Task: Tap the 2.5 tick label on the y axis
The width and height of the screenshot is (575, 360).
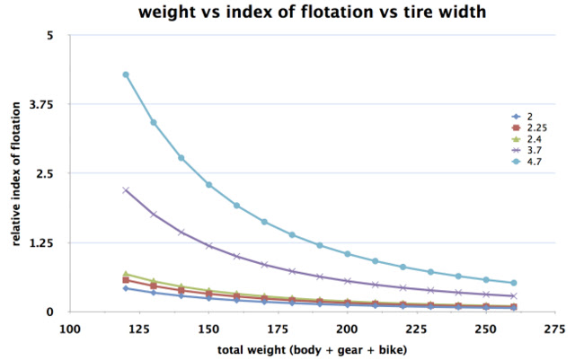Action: coord(45,173)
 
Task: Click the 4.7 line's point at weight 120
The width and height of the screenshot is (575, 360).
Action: coord(126,75)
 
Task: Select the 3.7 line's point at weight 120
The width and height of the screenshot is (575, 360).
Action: coord(126,189)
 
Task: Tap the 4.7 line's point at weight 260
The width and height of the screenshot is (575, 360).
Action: coord(514,283)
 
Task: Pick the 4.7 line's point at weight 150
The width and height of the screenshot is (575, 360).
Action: coord(209,185)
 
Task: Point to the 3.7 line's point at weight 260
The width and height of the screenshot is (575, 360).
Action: coord(514,295)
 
